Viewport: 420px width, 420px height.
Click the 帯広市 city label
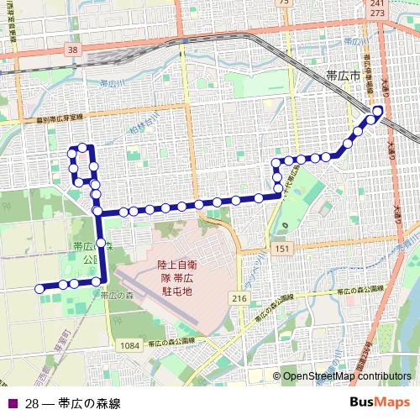point(342,76)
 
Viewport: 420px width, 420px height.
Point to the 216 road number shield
point(239,298)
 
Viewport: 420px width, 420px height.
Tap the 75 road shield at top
point(284,3)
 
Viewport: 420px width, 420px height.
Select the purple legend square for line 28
point(10,404)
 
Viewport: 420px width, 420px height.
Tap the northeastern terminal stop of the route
point(378,111)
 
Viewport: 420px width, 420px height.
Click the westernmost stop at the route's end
point(39,289)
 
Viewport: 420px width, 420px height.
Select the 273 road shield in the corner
point(376,14)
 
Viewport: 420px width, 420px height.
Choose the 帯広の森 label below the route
point(116,296)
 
